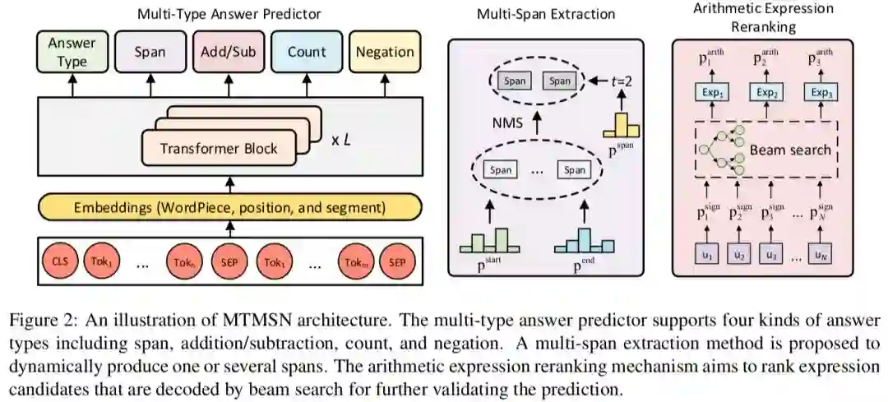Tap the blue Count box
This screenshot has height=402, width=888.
(306, 52)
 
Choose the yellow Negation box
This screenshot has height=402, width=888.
(385, 52)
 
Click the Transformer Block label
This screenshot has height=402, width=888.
(219, 149)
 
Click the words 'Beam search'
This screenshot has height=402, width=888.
(790, 151)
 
